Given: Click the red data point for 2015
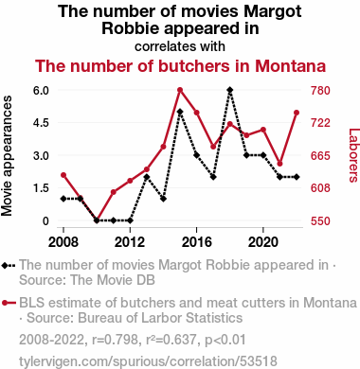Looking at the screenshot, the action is (x=180, y=90).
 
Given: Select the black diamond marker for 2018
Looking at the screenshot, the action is (x=230, y=90).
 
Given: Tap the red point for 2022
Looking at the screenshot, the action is (x=297, y=113).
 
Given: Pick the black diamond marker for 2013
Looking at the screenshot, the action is (x=147, y=177).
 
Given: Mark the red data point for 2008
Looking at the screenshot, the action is (x=63, y=175).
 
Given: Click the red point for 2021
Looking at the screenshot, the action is (x=279, y=164).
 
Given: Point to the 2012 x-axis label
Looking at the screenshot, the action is (x=130, y=242).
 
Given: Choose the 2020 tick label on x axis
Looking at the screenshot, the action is (x=263, y=242).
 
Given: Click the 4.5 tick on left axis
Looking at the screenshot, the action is (x=41, y=123).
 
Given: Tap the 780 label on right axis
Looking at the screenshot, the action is (x=320, y=91).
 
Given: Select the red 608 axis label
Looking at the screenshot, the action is (x=320, y=188).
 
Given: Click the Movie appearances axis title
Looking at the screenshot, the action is (x=7, y=156).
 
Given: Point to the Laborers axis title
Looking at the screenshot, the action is (x=353, y=155).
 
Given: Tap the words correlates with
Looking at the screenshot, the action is (x=180, y=46).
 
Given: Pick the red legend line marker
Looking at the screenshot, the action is (x=9, y=303).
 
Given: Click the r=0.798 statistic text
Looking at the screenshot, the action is (x=116, y=340).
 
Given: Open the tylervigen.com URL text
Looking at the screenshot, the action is (x=148, y=361).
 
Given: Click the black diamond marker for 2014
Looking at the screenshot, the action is (x=163, y=199).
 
